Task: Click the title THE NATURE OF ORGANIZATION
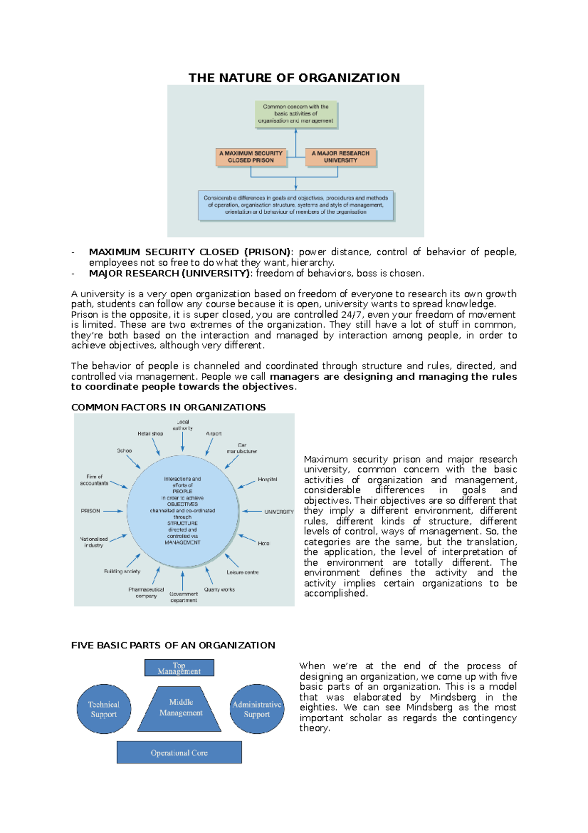coord(294,78)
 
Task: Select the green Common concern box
coord(296,114)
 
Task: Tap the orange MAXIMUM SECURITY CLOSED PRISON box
coord(251,157)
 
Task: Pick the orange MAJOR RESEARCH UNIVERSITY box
coord(341,157)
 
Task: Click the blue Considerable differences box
coord(295,205)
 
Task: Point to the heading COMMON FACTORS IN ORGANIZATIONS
coord(168,407)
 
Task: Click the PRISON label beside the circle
coord(90,511)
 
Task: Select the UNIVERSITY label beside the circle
coord(279,512)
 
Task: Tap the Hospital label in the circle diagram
coord(268,479)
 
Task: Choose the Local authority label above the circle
coord(183,425)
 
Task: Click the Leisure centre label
coord(243,573)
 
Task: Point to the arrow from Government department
coord(183,580)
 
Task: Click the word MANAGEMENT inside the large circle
coord(182,543)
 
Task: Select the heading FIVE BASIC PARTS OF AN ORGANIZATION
coord(173,645)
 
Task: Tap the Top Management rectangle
coord(179,668)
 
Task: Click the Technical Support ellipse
coord(104,709)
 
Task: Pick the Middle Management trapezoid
coord(180,708)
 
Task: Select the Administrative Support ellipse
coord(257,709)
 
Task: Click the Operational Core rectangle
coord(179,753)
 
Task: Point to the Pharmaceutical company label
coord(146,593)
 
